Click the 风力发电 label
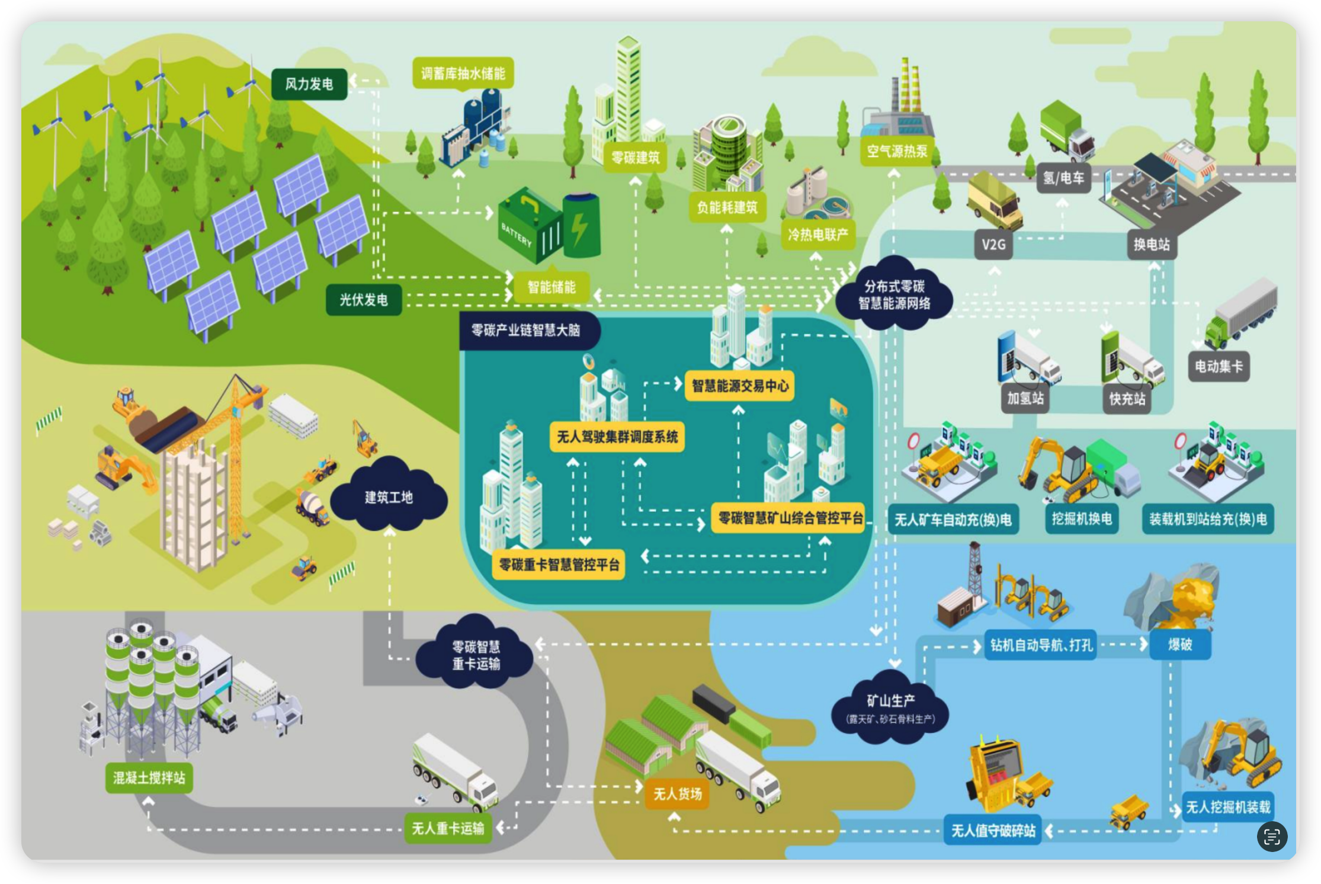point(309,84)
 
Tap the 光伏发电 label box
point(363,300)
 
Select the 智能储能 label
point(552,287)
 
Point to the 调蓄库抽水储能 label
point(463,73)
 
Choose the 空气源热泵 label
point(897,151)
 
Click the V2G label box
point(993,244)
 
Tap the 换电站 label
point(1151,244)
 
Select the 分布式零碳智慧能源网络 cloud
point(894,294)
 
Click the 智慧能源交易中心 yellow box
point(740,386)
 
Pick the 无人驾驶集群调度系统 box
point(617,437)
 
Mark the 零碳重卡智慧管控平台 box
point(559,564)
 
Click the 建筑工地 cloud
point(389,497)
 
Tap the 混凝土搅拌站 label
point(149,777)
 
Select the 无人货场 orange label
point(677,794)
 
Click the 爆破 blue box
point(1179,645)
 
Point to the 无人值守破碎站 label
point(993,831)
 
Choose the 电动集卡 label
point(1218,366)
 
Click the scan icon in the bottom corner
point(1272,837)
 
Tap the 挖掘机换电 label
point(1081,519)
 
